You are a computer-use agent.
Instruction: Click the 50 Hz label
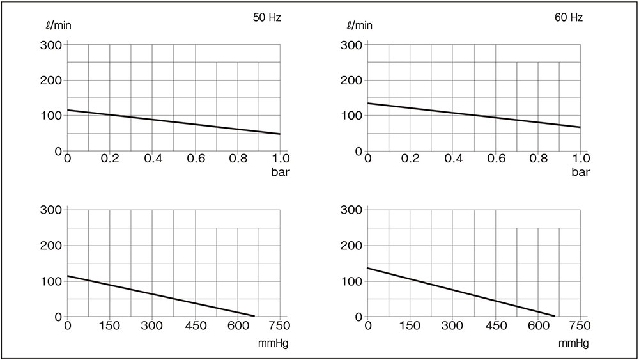(x=267, y=18)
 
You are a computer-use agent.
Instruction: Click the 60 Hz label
(x=568, y=18)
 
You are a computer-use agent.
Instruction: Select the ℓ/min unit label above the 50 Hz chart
(x=56, y=26)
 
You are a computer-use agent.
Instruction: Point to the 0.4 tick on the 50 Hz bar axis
(x=153, y=159)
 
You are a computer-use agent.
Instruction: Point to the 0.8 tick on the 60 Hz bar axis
(x=538, y=159)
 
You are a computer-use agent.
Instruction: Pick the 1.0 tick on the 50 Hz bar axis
(x=280, y=159)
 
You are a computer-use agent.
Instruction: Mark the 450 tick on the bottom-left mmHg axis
(x=196, y=325)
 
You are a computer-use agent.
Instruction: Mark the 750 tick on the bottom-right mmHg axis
(x=581, y=325)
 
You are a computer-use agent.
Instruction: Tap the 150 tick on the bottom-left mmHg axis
(x=110, y=325)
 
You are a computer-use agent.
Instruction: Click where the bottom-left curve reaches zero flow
(x=254, y=317)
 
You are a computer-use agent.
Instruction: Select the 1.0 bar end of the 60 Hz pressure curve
(x=580, y=127)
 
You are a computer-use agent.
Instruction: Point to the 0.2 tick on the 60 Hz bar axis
(x=410, y=159)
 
